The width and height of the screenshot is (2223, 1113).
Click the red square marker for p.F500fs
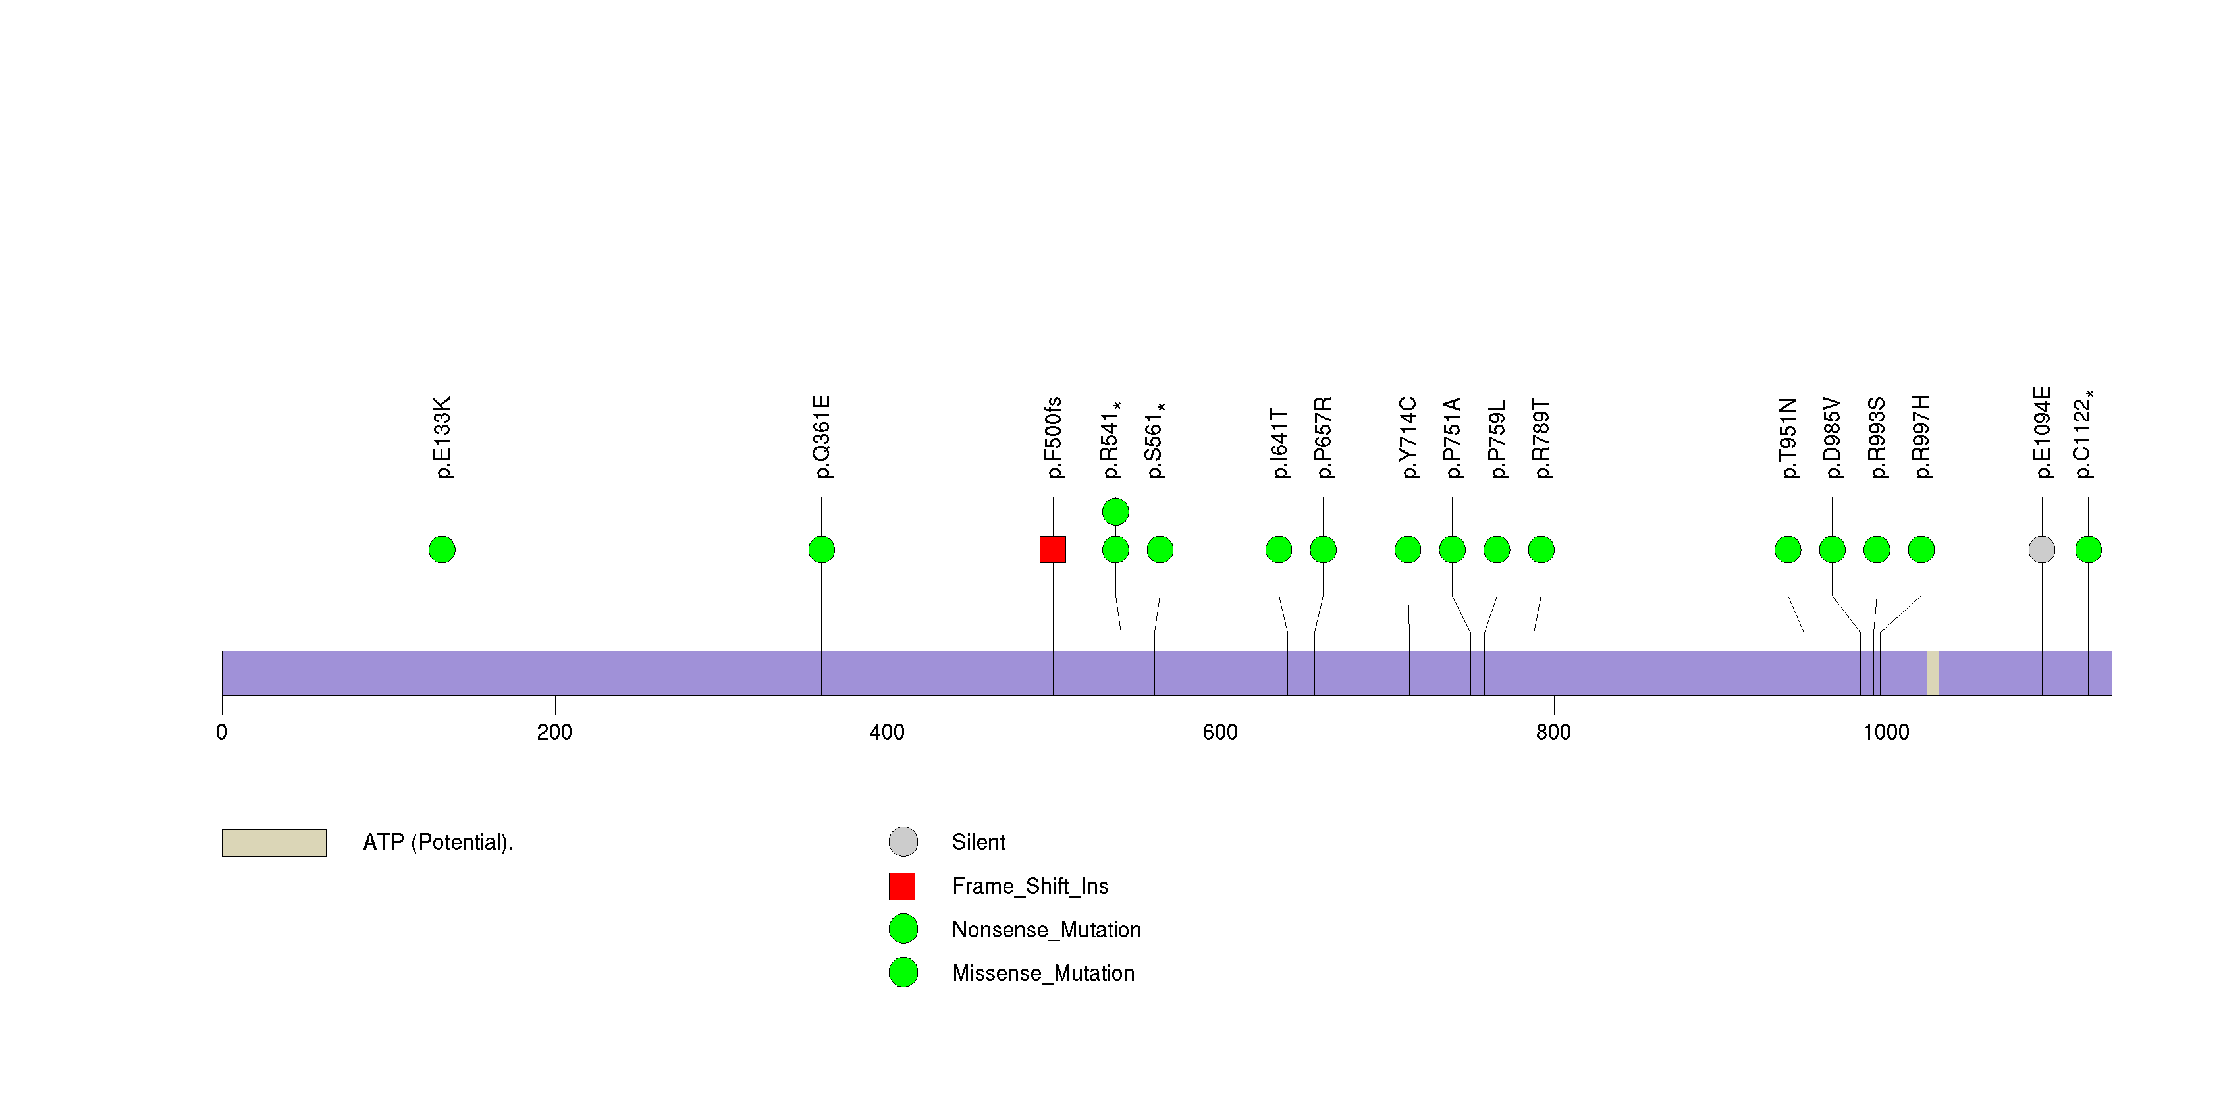[1052, 550]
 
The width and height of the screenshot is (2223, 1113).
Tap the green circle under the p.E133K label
[442, 550]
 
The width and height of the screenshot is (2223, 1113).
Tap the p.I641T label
[1279, 443]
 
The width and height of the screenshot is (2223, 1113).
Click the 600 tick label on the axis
[1219, 732]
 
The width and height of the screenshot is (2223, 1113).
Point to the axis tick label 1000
[1886, 732]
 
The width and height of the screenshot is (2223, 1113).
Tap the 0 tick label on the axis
[222, 732]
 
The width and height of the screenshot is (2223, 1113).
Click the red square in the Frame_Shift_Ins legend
[902, 886]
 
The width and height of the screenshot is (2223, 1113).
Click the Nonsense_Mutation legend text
[1046, 929]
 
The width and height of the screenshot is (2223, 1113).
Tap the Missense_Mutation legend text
[1042, 973]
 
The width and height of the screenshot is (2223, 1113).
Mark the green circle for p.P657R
[1323, 550]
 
